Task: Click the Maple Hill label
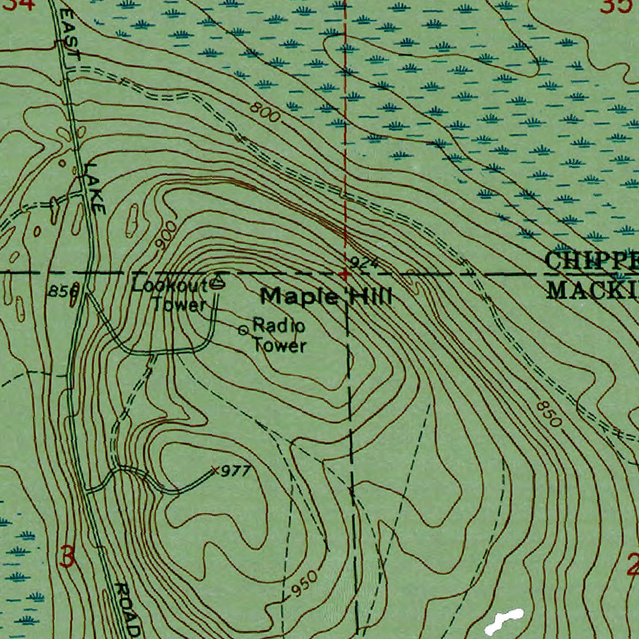point(326,296)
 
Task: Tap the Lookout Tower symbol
point(217,283)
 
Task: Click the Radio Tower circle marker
point(243,330)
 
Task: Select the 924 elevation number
point(364,261)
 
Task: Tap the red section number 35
point(616,6)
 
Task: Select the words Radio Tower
point(278,335)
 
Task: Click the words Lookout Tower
point(170,295)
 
